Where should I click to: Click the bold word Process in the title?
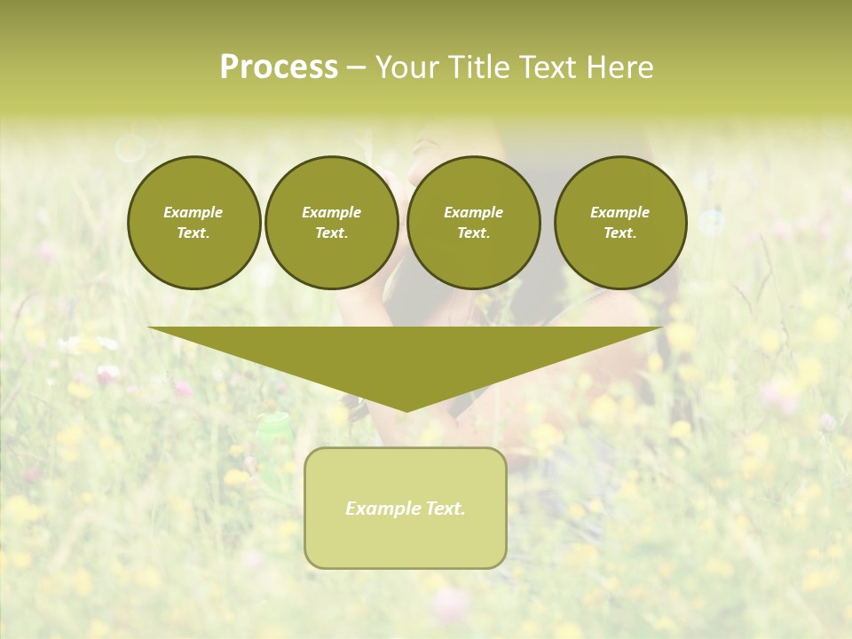tap(279, 67)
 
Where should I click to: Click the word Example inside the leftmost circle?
tap(193, 212)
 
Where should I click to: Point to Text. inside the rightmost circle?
tap(620, 233)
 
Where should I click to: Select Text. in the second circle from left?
tap(332, 233)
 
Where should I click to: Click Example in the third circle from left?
tap(474, 212)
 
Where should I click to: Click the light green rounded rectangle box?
tap(406, 541)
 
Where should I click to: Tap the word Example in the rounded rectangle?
tap(380, 509)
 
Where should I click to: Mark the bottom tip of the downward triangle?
tap(406, 411)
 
